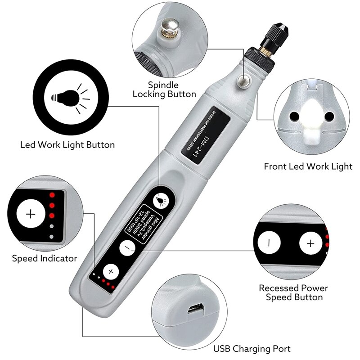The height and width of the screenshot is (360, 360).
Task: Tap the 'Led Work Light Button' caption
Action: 67,145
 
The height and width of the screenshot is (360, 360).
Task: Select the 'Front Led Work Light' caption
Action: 308,166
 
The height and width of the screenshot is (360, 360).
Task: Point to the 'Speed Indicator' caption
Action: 45,258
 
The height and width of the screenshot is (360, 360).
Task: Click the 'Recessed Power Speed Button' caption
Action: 293,292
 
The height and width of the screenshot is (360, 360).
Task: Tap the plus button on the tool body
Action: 110,272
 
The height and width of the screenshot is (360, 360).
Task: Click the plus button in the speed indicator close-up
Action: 31,214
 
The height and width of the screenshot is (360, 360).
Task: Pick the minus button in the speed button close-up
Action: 269,243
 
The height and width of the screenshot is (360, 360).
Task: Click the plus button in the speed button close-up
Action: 310,243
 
